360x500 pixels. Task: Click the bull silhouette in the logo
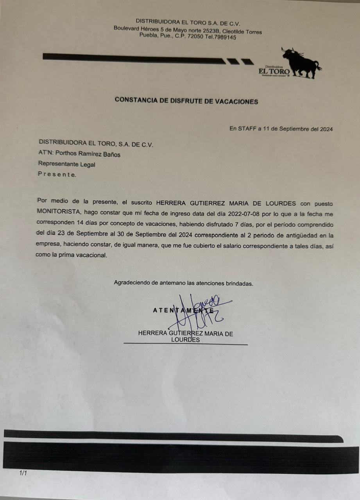(301, 62)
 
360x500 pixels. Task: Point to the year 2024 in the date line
(326, 129)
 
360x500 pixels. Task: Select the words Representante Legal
(66, 164)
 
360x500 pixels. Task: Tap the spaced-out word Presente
(57, 175)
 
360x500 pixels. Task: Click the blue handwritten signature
(199, 312)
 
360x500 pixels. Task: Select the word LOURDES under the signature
(186, 340)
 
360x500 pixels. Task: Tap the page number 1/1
(23, 473)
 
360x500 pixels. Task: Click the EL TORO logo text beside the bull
(274, 71)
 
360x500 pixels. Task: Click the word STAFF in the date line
(247, 129)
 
